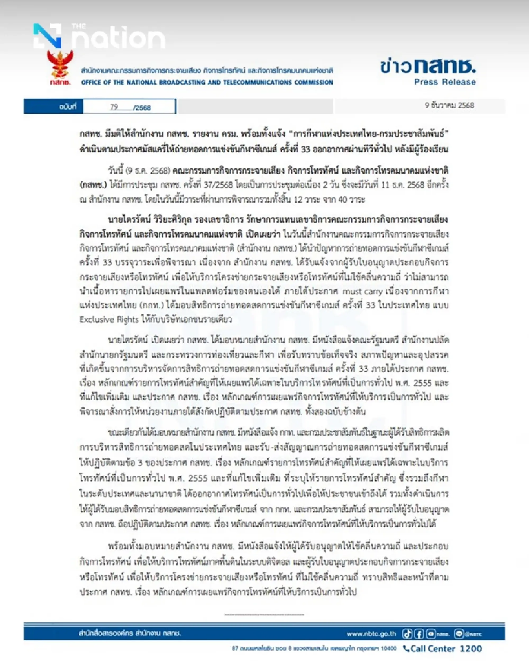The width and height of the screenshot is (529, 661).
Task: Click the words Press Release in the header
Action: pyautogui.click(x=445, y=82)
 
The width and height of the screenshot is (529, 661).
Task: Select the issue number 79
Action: pyautogui.click(x=114, y=107)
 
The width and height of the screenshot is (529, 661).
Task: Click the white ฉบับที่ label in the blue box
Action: pyautogui.click(x=67, y=107)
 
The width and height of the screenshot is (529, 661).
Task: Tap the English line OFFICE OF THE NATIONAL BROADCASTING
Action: pyautogui.click(x=207, y=82)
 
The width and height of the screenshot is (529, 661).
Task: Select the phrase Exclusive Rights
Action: pyautogui.click(x=109, y=320)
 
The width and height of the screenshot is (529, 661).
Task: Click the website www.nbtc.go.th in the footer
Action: pyautogui.click(x=371, y=634)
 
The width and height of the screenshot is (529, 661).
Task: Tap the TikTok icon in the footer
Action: pyautogui.click(x=407, y=634)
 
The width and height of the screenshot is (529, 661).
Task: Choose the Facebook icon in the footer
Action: pyautogui.click(x=419, y=634)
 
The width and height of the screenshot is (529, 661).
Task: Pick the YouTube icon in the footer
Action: pyautogui.click(x=431, y=634)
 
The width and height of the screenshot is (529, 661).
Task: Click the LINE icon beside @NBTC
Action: pyautogui.click(x=459, y=634)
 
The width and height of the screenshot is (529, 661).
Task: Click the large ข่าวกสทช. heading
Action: pyautogui.click(x=428, y=66)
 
